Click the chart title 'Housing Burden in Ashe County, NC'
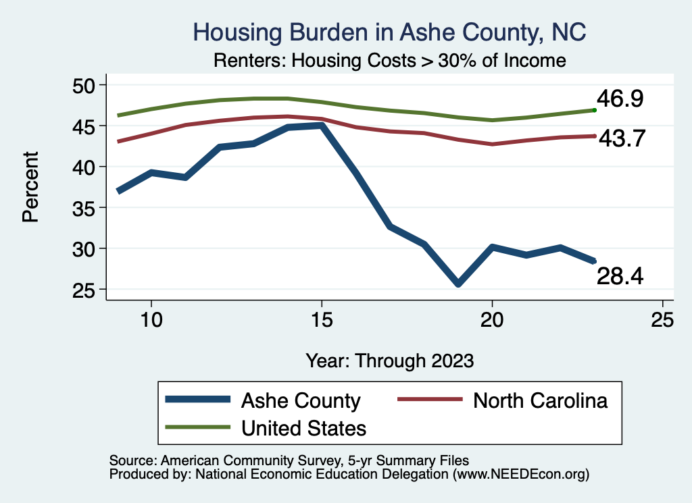[389, 32]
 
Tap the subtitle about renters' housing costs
[389, 61]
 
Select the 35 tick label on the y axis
[86, 208]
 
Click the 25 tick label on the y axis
[86, 290]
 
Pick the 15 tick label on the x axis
[322, 319]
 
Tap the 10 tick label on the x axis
[151, 319]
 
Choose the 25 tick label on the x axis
[663, 319]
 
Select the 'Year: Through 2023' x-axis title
[389, 360]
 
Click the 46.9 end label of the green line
[620, 99]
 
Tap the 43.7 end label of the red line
[620, 138]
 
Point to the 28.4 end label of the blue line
[620, 275]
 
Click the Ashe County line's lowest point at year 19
[458, 284]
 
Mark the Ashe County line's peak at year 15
[322, 125]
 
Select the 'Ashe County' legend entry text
[301, 401]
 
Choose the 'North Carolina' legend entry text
[540, 400]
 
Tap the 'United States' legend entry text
[303, 427]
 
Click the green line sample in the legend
[198, 427]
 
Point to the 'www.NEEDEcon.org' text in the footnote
[520, 475]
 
